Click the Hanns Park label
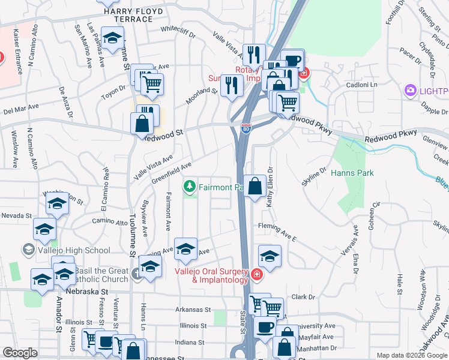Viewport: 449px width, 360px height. (x=352, y=173)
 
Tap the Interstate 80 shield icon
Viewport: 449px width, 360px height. (x=245, y=128)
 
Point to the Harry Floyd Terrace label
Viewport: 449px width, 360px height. (x=128, y=15)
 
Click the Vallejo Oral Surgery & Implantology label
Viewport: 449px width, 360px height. (x=211, y=275)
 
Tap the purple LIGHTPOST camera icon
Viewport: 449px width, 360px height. (x=411, y=91)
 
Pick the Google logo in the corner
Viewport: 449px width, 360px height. (x=20, y=353)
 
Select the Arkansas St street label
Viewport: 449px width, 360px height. (x=193, y=310)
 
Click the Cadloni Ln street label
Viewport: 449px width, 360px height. (x=361, y=85)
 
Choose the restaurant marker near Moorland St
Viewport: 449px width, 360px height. (x=231, y=86)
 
